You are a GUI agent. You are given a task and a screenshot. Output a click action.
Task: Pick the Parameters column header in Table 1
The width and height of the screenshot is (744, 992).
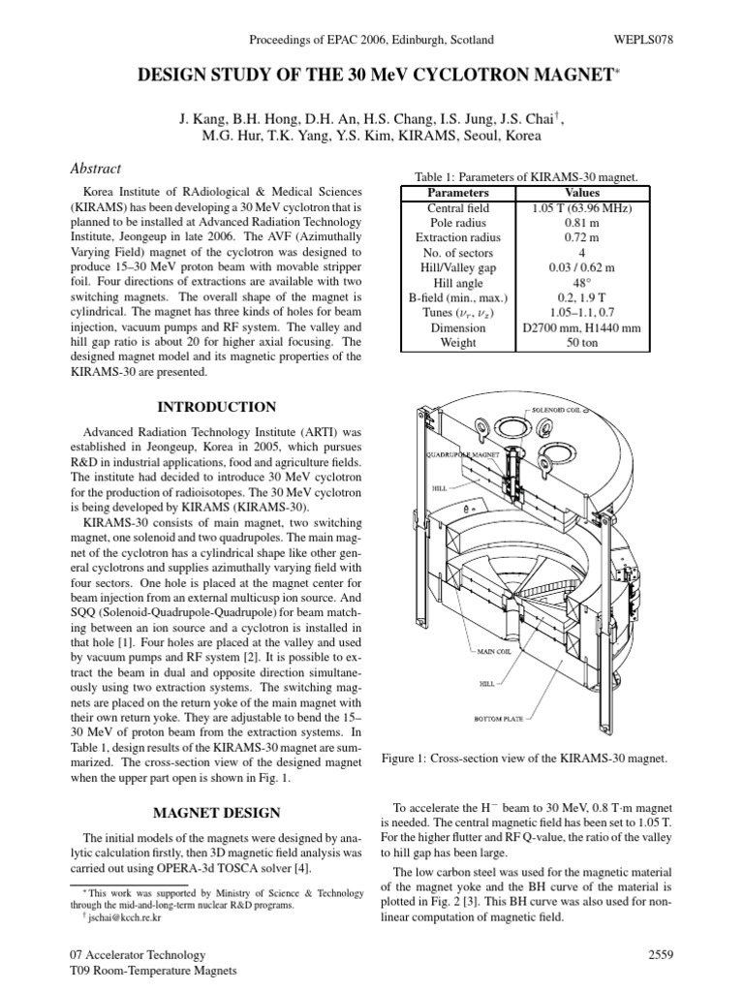pyautogui.click(x=457, y=193)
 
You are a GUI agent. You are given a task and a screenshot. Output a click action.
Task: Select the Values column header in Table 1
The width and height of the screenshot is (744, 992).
pyautogui.click(x=581, y=193)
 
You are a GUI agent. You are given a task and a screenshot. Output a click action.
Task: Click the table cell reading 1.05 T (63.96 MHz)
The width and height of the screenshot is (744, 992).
pyautogui.click(x=581, y=207)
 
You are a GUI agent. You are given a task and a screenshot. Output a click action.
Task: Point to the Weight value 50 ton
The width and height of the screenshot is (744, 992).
pyautogui.click(x=581, y=343)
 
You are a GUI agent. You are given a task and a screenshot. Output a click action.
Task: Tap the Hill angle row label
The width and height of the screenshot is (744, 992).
pyautogui.click(x=457, y=283)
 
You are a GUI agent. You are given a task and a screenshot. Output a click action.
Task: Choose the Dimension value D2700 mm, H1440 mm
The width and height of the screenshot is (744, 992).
pyautogui.click(x=581, y=328)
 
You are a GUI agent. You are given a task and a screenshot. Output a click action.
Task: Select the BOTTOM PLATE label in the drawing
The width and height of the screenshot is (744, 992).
pyautogui.click(x=498, y=719)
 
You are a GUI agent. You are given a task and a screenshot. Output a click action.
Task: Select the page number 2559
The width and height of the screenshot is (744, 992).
pyautogui.click(x=660, y=954)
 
